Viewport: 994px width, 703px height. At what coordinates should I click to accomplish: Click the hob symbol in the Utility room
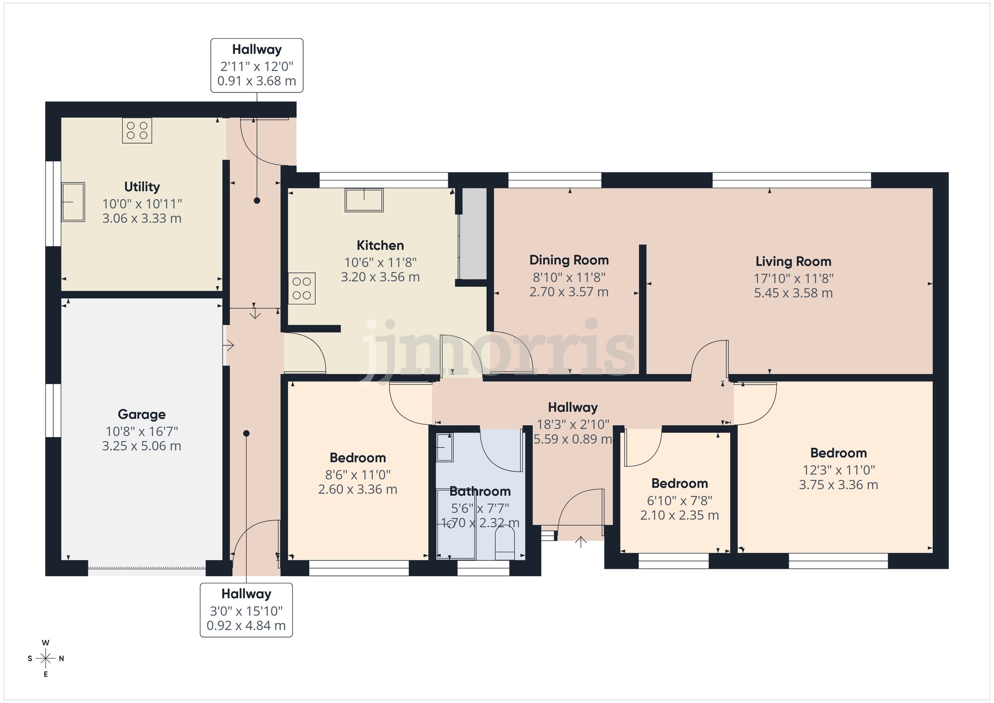tap(137, 130)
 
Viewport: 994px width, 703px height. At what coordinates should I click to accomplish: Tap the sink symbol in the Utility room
tap(73, 202)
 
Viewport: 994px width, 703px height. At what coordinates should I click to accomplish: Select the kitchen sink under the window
tap(364, 200)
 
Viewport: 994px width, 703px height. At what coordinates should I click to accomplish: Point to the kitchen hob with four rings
tap(302, 288)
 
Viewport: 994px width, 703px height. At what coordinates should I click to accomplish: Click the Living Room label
tap(793, 261)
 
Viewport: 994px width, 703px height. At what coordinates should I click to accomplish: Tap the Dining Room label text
tap(569, 260)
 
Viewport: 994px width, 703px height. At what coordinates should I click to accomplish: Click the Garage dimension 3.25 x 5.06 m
tap(142, 446)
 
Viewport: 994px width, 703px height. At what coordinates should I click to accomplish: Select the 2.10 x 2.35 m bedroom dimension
tap(679, 515)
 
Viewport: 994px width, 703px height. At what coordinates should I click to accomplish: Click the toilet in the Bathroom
tap(505, 543)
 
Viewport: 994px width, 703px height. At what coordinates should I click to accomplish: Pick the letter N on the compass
tap(62, 659)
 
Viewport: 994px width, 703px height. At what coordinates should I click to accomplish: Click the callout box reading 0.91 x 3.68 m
tap(256, 66)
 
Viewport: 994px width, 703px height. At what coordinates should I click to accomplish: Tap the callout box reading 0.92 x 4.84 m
tap(246, 610)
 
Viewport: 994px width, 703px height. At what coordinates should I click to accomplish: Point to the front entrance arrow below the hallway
tap(580, 542)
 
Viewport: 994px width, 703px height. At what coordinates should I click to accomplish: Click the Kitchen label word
tap(380, 245)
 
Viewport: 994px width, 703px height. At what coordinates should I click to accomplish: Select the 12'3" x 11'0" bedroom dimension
tap(838, 469)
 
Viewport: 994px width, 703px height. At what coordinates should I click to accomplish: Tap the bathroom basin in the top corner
tap(444, 447)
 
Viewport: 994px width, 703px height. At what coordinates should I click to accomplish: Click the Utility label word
tap(142, 187)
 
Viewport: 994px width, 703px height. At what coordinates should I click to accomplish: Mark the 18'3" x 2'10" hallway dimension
tap(573, 424)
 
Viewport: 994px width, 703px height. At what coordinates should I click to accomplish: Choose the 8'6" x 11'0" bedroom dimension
tap(357, 474)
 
